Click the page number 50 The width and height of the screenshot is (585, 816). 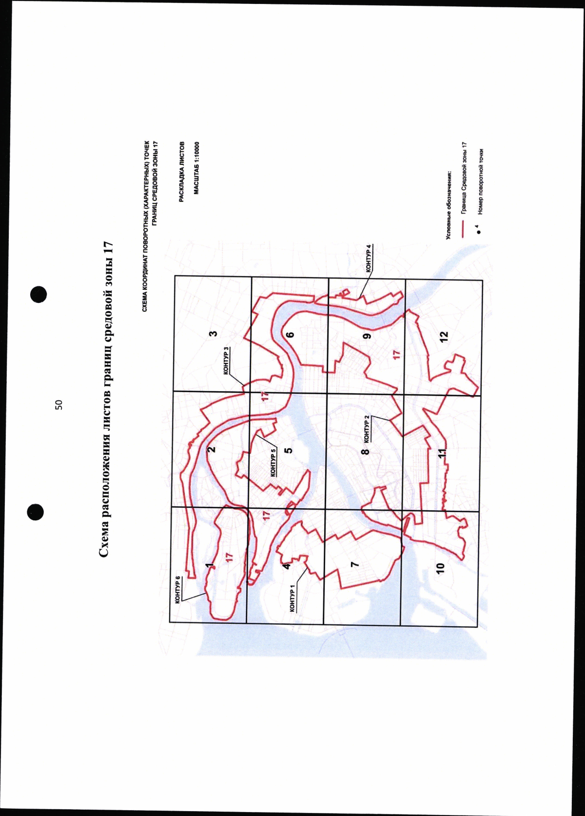[x=58, y=405]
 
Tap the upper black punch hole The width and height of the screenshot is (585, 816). [x=39, y=294]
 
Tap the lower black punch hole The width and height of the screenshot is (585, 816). [x=35, y=512]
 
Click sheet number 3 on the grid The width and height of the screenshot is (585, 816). [x=214, y=333]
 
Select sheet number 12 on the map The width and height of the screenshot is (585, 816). [x=444, y=336]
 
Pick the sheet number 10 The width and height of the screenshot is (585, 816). [x=440, y=568]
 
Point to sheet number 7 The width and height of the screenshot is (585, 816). [x=354, y=564]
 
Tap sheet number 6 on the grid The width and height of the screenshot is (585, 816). [x=291, y=334]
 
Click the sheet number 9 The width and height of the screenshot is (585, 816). [x=367, y=336]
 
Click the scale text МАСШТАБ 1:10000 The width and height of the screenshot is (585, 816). [x=196, y=168]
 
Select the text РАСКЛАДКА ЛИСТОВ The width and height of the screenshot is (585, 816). [x=182, y=171]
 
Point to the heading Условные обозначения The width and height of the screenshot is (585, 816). [x=449, y=205]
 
